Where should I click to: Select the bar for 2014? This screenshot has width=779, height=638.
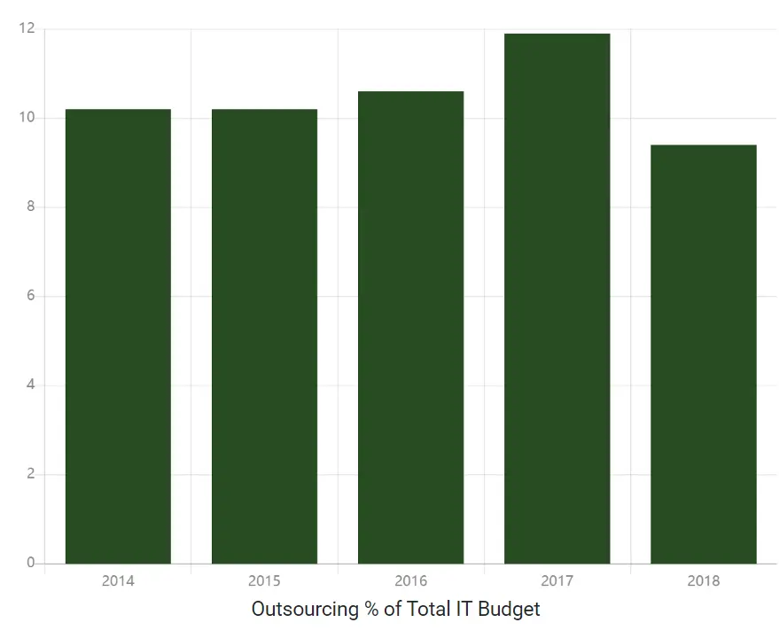(x=118, y=337)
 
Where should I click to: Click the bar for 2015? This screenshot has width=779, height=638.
(x=264, y=337)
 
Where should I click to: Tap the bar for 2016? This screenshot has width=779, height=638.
(x=410, y=328)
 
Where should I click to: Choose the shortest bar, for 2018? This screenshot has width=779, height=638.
(x=703, y=354)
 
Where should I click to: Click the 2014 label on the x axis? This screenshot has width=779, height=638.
(x=118, y=581)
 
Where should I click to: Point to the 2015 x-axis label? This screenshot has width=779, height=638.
(x=264, y=581)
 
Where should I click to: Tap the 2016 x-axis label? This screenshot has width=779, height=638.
(x=410, y=581)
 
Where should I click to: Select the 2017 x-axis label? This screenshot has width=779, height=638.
(x=557, y=581)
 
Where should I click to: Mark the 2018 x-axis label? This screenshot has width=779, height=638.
(x=703, y=581)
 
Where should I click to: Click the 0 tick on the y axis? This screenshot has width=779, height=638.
(x=30, y=563)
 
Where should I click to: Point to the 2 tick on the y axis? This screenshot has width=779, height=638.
(x=30, y=474)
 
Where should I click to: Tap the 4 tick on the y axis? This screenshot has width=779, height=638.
(x=30, y=385)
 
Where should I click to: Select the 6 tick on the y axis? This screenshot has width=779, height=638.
(x=30, y=296)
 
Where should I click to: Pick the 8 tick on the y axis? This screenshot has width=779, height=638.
(x=30, y=207)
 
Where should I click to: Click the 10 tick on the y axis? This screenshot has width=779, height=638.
(x=27, y=118)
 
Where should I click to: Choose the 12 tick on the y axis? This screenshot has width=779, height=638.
(x=27, y=29)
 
